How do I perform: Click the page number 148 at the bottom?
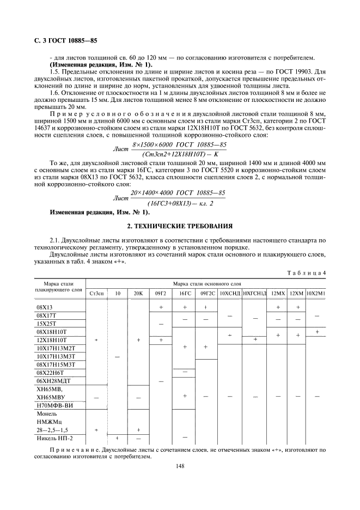click(x=180, y=466)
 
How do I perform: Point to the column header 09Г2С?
click(x=208, y=294)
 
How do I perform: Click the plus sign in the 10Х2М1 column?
click(x=317, y=331)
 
